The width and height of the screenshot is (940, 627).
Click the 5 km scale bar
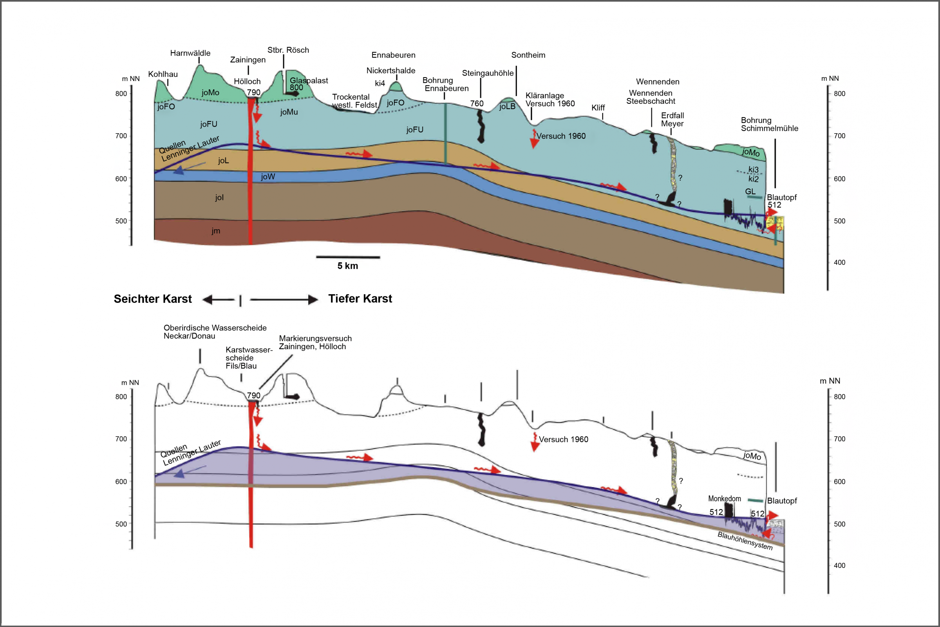(x=348, y=257)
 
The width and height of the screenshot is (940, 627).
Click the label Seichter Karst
(x=153, y=299)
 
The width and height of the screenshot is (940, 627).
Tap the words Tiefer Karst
(x=360, y=299)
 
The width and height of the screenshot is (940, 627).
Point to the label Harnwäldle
(x=190, y=53)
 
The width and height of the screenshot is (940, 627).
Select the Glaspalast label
(x=309, y=81)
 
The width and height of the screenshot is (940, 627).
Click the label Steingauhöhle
(x=488, y=73)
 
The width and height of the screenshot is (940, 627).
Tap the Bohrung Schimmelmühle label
(x=769, y=124)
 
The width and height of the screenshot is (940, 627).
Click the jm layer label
(x=216, y=231)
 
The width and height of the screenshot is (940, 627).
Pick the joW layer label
(x=268, y=177)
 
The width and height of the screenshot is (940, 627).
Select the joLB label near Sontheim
(x=507, y=106)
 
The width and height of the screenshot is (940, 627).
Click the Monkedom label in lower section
(x=724, y=498)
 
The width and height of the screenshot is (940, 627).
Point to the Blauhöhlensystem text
(x=745, y=541)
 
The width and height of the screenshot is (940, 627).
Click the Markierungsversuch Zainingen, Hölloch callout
(x=315, y=342)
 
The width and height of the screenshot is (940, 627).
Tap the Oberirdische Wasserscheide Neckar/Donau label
(x=215, y=332)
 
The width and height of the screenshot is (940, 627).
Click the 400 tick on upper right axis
(x=839, y=262)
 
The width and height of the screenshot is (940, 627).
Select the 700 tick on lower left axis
(x=121, y=439)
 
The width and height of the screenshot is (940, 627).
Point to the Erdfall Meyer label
(x=672, y=120)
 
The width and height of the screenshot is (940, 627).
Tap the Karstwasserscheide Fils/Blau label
(x=249, y=358)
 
